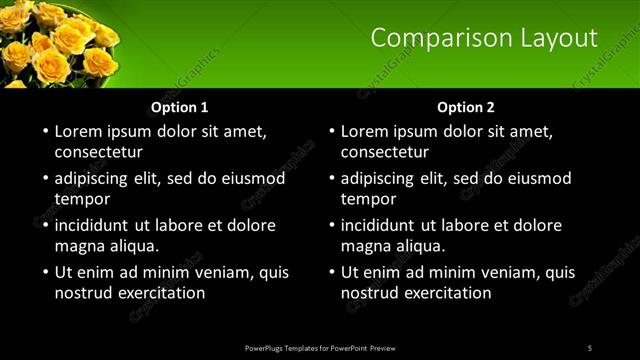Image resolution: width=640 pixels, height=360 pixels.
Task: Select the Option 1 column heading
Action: [x=180, y=107]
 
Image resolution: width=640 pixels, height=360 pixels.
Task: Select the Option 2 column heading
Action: [x=466, y=107]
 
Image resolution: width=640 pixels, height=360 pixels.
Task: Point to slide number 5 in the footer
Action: [x=589, y=347]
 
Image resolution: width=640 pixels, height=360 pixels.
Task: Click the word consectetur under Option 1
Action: [x=98, y=152]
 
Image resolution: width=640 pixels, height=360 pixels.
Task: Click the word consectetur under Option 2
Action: [x=384, y=152]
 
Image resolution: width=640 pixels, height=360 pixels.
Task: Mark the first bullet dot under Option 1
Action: [x=45, y=131]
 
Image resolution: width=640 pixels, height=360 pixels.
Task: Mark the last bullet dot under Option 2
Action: [x=331, y=272]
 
